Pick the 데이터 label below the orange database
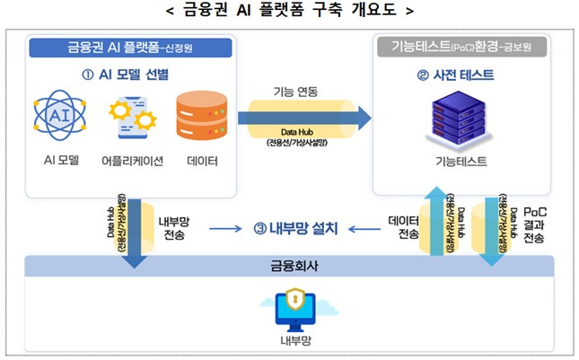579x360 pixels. [201, 162]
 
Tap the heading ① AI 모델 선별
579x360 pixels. [132, 73]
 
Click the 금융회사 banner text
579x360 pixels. [288, 267]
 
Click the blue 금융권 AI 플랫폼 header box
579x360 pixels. [132, 47]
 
